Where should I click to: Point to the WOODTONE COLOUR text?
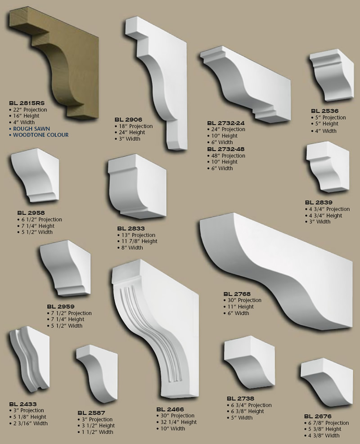click(x=41, y=135)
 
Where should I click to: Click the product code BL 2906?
click(x=128, y=120)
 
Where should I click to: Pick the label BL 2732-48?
click(x=225, y=149)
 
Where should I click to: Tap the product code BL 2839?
click(x=318, y=202)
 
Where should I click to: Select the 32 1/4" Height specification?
click(x=179, y=422)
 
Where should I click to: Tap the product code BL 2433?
click(x=22, y=404)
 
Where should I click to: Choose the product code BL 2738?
click(x=241, y=399)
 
